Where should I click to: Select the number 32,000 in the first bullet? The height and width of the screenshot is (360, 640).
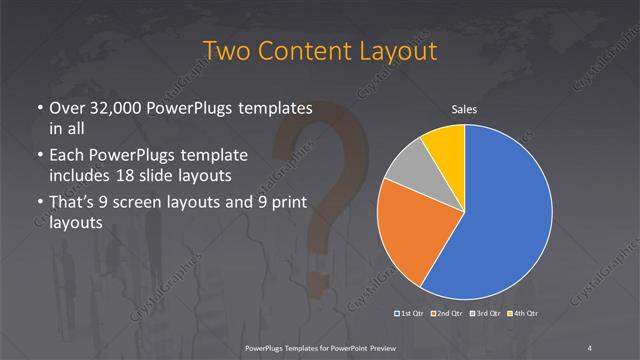click(x=112, y=107)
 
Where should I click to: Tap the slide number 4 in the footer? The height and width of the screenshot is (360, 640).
click(x=590, y=347)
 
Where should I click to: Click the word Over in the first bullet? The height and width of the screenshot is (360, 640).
click(x=65, y=107)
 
